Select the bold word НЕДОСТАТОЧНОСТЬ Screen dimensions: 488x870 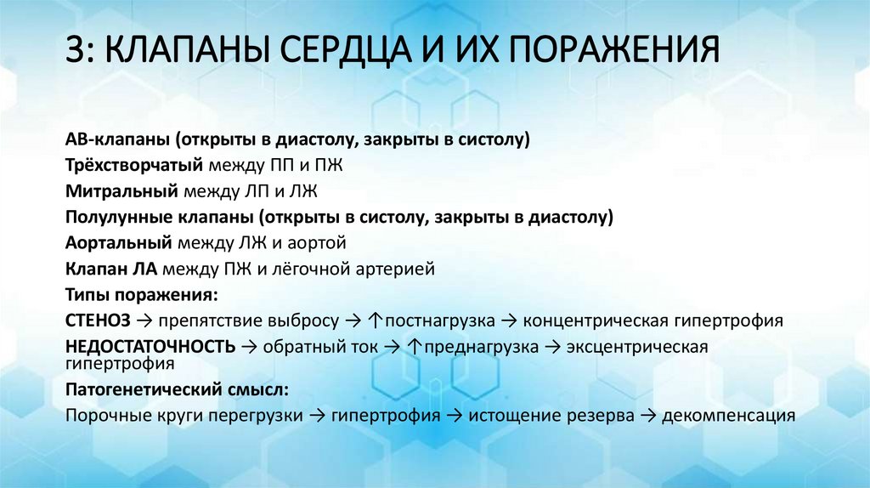click(x=150, y=347)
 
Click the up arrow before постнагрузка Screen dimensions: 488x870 click(x=377, y=321)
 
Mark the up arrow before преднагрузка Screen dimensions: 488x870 click(x=414, y=347)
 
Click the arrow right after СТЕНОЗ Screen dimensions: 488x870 click(x=143, y=321)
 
